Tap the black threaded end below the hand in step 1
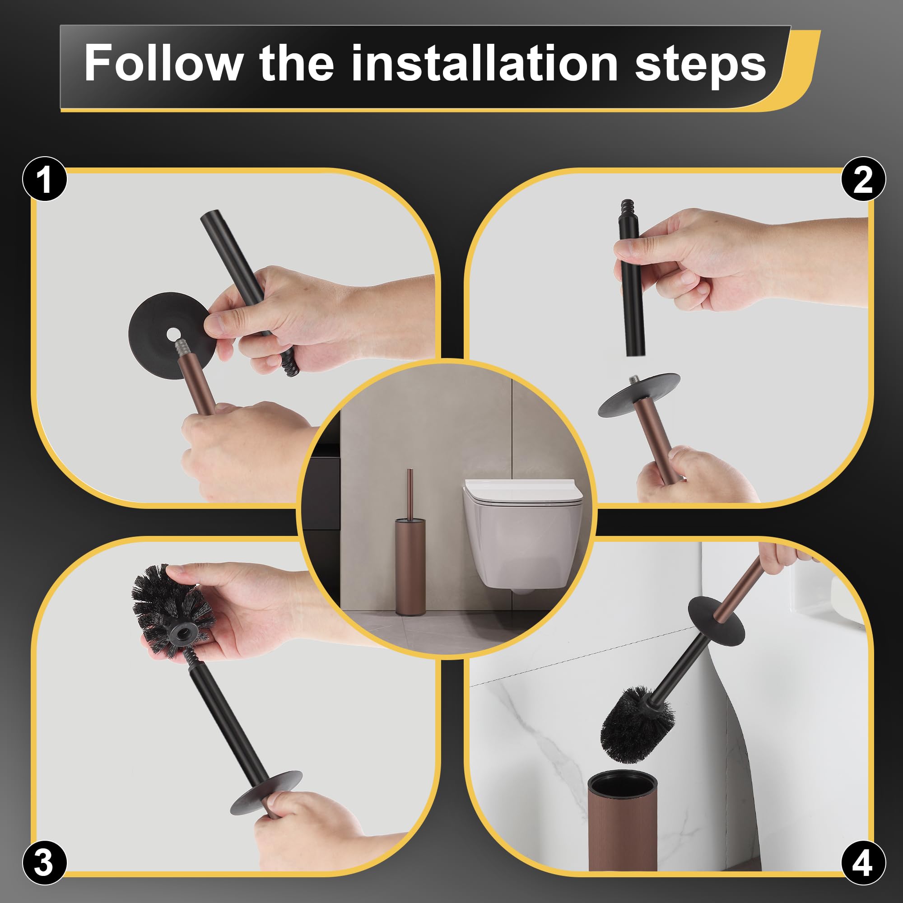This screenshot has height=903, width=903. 290,365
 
